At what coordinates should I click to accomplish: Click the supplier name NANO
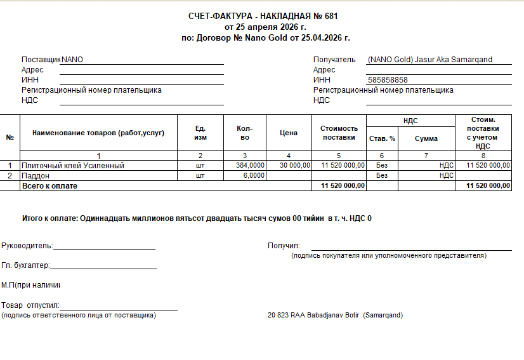(72, 60)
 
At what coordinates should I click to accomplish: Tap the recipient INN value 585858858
(388, 80)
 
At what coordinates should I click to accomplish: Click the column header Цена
(288, 133)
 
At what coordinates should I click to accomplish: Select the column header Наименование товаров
(98, 133)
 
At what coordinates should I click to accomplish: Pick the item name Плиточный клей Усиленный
(73, 165)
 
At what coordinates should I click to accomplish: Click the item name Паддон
(37, 175)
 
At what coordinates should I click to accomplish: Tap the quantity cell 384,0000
(250, 165)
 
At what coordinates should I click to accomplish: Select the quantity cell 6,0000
(254, 175)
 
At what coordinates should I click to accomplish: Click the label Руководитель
(27, 246)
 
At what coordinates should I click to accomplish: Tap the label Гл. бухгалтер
(25, 265)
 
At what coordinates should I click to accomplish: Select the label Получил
(284, 246)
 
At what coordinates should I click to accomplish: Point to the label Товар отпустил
(30, 305)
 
